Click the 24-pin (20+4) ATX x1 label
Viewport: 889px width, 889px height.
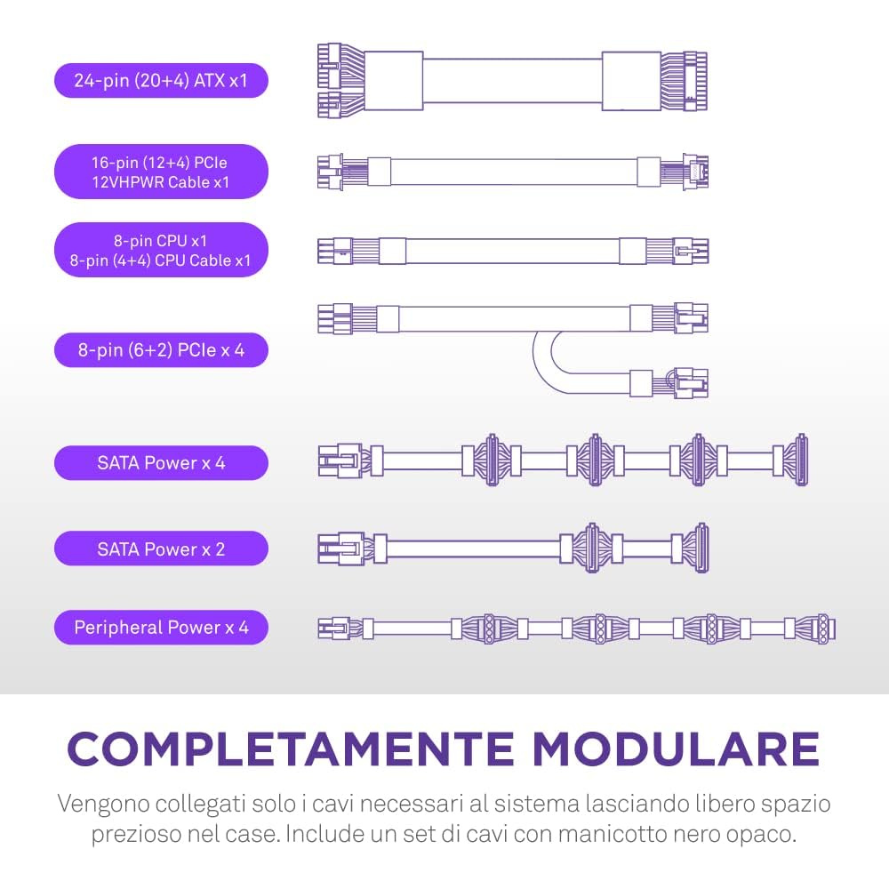click(x=161, y=81)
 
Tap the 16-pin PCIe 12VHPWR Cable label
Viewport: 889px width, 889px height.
click(x=161, y=172)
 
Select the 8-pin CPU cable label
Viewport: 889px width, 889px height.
click(x=161, y=250)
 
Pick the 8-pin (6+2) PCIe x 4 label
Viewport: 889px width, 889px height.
click(x=161, y=349)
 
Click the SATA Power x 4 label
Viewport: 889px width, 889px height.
click(x=161, y=462)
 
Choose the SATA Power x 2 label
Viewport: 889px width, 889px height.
click(x=161, y=549)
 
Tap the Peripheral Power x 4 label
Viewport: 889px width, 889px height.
click(x=161, y=627)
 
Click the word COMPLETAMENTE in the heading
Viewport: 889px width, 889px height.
click(x=291, y=749)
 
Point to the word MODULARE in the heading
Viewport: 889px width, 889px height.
click(x=676, y=749)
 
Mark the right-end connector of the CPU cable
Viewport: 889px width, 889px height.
click(x=691, y=251)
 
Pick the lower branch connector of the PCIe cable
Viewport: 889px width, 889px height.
click(x=691, y=382)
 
